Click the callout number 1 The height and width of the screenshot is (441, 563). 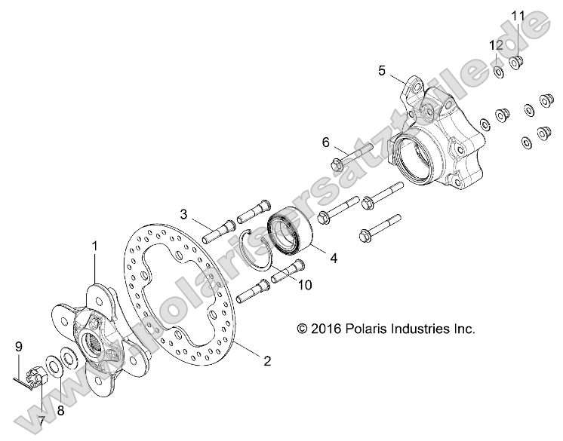(96, 246)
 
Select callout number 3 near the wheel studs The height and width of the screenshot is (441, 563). (183, 215)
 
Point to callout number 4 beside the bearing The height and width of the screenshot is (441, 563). (332, 257)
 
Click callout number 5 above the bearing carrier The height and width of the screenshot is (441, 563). (382, 70)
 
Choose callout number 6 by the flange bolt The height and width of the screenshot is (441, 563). (326, 142)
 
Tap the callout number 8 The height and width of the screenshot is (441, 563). (61, 411)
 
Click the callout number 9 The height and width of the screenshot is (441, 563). (19, 348)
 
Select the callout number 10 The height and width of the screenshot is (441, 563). (305, 284)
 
